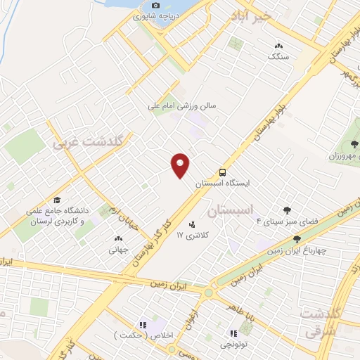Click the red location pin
pos(181,165)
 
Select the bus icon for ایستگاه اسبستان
pos(222,171)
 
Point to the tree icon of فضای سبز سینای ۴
pos(287,210)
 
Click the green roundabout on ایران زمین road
pos(209,292)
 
